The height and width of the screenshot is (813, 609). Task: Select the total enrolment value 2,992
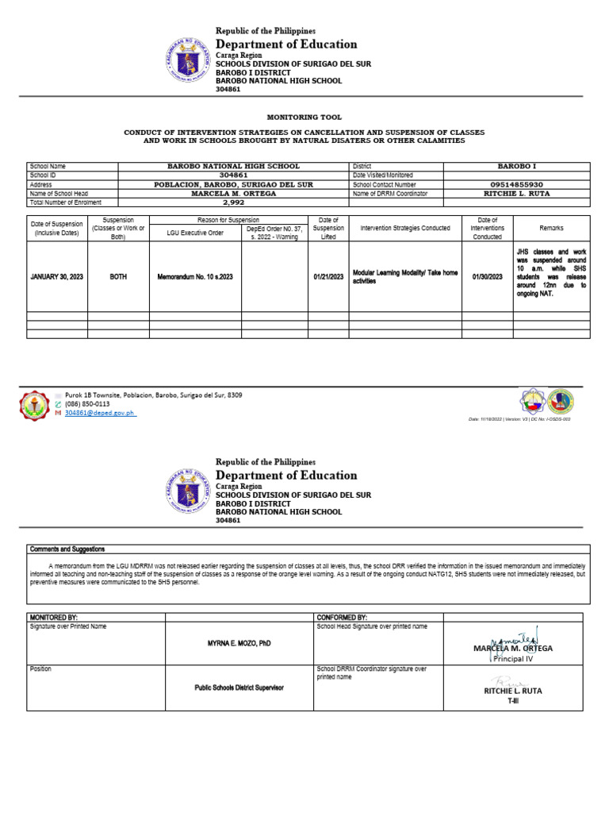click(x=233, y=202)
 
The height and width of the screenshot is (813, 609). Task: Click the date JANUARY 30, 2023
click(x=56, y=276)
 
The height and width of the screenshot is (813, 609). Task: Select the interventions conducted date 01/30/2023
click(x=487, y=276)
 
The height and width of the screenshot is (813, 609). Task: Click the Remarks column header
click(x=551, y=228)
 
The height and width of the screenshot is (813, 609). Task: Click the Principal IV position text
click(x=512, y=659)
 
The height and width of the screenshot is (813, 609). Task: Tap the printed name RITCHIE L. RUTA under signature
click(x=512, y=691)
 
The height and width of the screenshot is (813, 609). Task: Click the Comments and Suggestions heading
click(x=67, y=549)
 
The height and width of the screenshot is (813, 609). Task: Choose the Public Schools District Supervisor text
click(x=239, y=688)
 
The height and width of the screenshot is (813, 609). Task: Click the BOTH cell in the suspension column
click(x=117, y=276)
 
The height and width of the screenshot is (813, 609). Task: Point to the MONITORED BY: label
click(x=53, y=617)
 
